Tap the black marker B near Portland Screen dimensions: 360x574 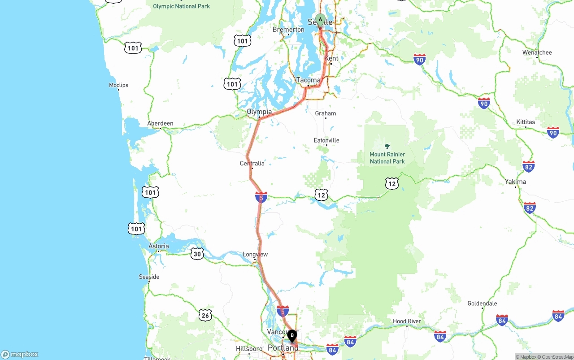coord(292,335)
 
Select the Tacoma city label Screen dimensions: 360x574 coord(309,80)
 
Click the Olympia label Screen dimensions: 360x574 coord(259,112)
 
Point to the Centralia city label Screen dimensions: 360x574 coord(252,163)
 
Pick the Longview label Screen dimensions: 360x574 coord(255,254)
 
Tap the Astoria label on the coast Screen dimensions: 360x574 coord(159,246)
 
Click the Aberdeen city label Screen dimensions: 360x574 coord(160,123)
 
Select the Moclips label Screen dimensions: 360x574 coord(118,85)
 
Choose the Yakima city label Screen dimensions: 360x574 coord(515,182)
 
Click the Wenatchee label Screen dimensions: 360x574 coord(537,52)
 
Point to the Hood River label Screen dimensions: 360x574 coord(407,321)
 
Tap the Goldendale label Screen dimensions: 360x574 coord(482,304)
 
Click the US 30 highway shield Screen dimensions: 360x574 coord(197,254)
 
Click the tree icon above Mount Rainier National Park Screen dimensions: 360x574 coord(387,146)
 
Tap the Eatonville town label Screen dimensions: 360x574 coord(326,140)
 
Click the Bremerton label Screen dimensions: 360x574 coord(288,30)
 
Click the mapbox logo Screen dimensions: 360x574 coord(20,354)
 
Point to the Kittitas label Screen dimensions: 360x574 coord(526,122)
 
